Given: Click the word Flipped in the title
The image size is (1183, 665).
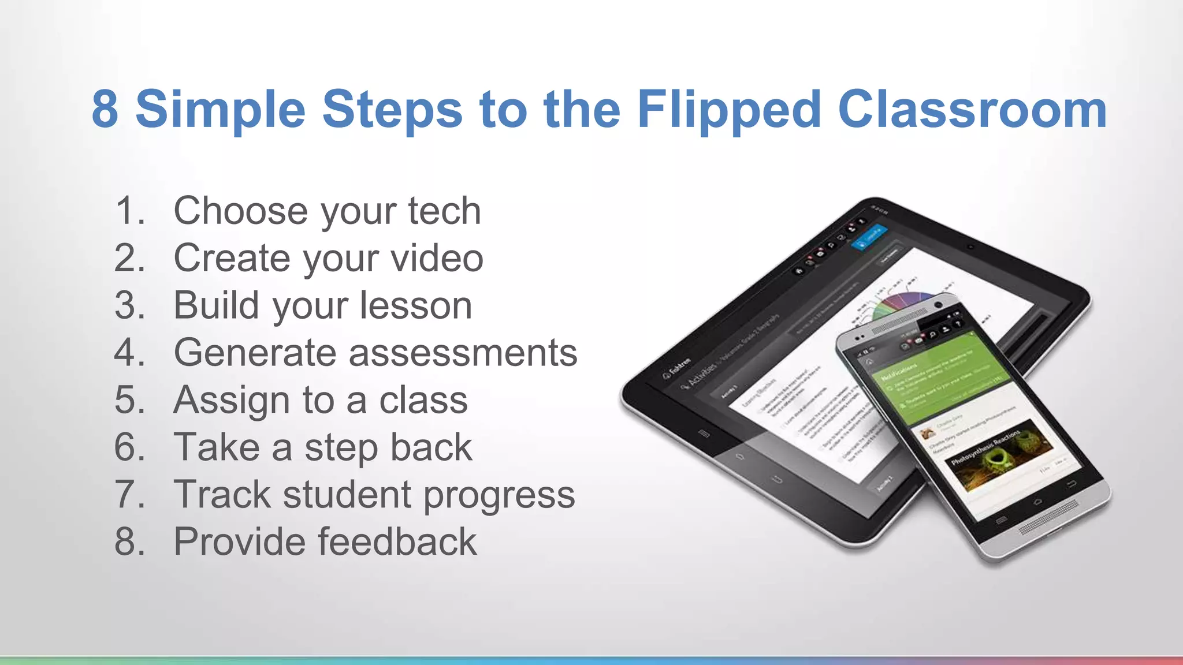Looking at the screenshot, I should [x=728, y=110].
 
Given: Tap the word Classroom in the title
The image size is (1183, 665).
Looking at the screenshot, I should [x=972, y=110].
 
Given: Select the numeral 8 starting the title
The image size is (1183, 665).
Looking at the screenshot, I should [x=105, y=110].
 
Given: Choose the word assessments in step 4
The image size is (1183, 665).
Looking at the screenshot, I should [x=463, y=353].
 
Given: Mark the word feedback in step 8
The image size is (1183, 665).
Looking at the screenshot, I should [x=397, y=542].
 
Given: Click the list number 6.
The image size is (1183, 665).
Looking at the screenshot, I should [x=129, y=447].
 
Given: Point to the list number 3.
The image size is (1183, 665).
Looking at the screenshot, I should [x=129, y=305].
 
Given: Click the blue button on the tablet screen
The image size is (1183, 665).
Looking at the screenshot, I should [x=869, y=237].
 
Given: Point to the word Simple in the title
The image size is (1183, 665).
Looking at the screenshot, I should [x=220, y=110].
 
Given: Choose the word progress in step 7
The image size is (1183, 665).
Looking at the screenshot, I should [x=499, y=496].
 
